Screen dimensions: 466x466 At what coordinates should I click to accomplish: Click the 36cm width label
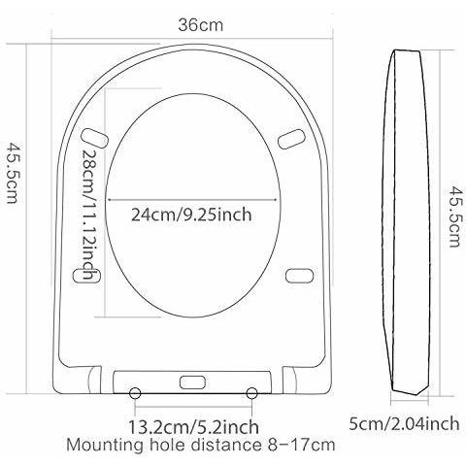[x=201, y=25]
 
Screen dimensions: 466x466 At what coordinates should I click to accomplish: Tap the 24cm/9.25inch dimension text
[x=191, y=215]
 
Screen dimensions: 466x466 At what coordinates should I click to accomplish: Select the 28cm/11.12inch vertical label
[x=90, y=215]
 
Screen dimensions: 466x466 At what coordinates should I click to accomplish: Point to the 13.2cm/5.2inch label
[x=194, y=427]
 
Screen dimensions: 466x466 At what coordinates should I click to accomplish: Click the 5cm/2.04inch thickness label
[x=404, y=423]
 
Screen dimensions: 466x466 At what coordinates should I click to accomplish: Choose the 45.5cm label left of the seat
[x=12, y=173]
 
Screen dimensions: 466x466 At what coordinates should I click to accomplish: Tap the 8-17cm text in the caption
[x=298, y=445]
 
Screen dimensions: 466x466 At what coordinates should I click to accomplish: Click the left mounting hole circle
[x=135, y=393]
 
